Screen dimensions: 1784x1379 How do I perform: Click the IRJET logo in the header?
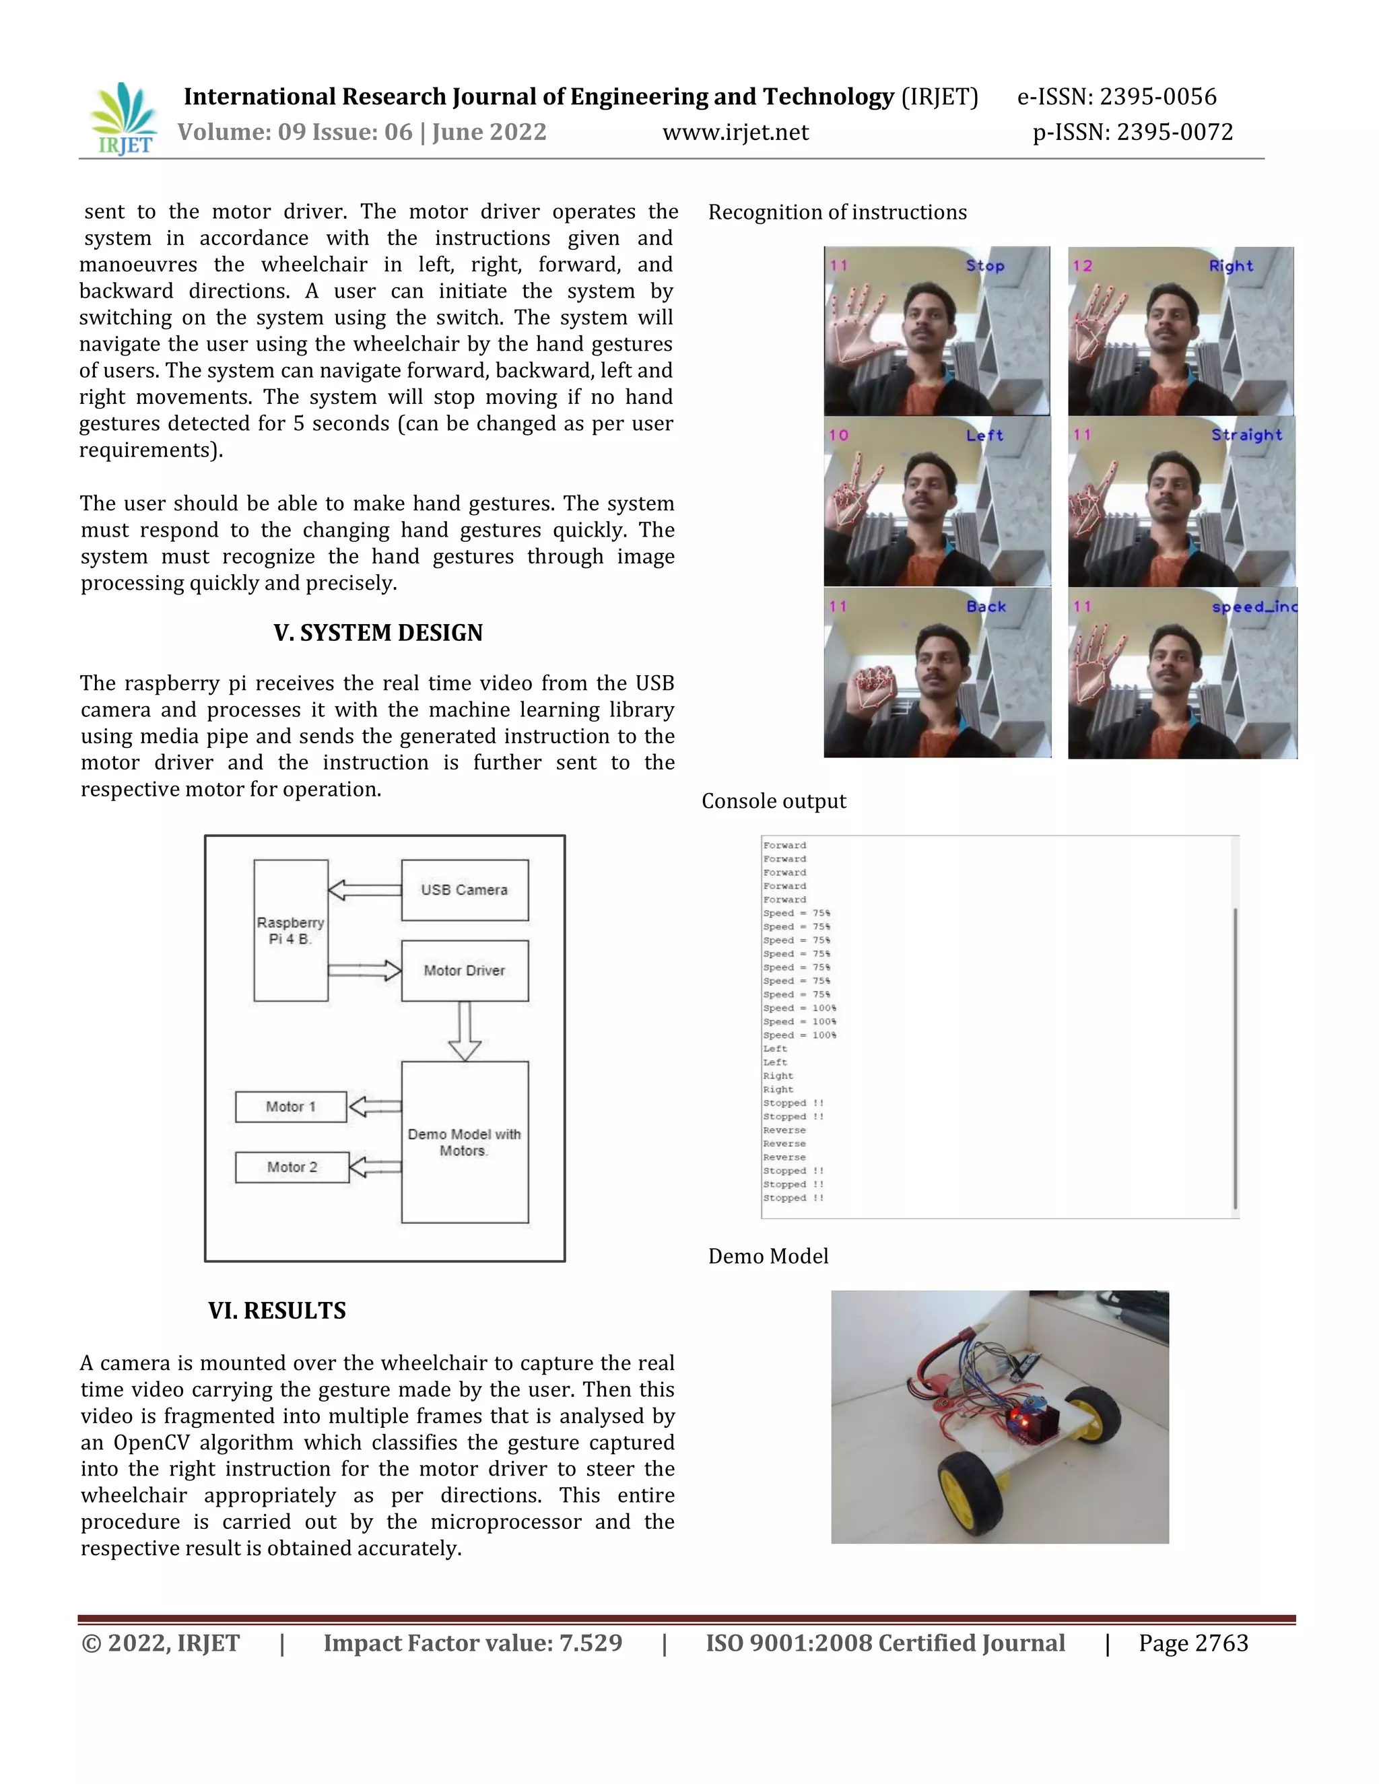(124, 119)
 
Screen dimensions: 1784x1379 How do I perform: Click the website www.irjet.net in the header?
(735, 133)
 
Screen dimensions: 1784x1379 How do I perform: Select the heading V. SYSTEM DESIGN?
(378, 633)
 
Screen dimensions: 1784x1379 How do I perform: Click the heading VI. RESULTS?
(277, 1311)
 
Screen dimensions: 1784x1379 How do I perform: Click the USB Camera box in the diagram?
(465, 889)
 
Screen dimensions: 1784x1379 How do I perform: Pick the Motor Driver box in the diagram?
(465, 970)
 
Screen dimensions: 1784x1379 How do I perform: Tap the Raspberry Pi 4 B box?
(291, 930)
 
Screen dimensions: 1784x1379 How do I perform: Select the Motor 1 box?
(291, 1107)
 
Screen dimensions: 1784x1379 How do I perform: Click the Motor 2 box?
(292, 1167)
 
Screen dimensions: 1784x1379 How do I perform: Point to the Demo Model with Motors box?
(465, 1142)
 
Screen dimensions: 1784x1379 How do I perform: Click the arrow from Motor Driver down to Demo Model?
(465, 1031)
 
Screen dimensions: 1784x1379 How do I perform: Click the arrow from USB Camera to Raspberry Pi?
(364, 889)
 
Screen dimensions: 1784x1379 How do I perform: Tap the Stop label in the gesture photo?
(985, 265)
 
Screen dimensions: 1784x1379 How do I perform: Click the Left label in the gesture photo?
(984, 436)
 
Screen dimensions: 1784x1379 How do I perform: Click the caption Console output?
(774, 801)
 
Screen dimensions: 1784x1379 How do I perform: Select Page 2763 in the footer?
(1192, 1643)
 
